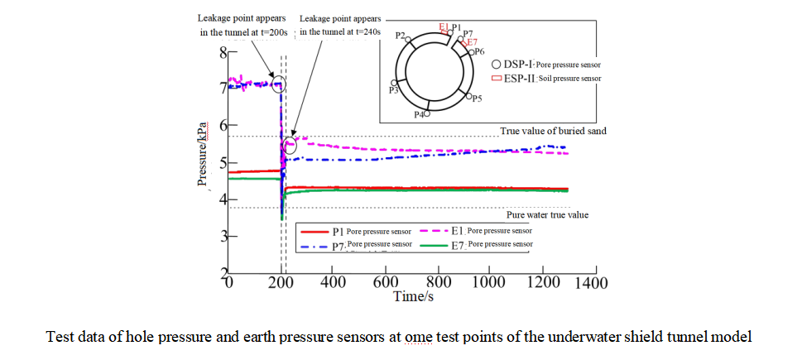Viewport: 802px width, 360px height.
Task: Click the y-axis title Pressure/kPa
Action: coord(202,154)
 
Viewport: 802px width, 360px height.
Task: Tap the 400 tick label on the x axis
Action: coord(333,281)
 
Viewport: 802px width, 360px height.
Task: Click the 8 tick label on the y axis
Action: coord(222,55)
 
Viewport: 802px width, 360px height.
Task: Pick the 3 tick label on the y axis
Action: coord(222,238)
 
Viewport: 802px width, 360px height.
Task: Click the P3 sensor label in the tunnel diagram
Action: coord(393,89)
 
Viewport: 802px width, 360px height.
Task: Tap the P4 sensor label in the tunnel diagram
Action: coord(419,114)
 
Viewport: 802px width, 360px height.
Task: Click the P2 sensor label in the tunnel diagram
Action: coord(401,36)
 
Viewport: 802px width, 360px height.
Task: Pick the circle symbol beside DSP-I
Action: coord(495,63)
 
